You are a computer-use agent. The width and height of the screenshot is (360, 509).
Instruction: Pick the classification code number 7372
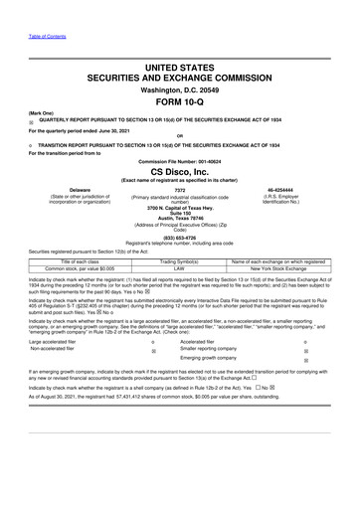pos(180,189)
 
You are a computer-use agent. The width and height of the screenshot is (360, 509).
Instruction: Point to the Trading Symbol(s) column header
pos(180,260)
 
